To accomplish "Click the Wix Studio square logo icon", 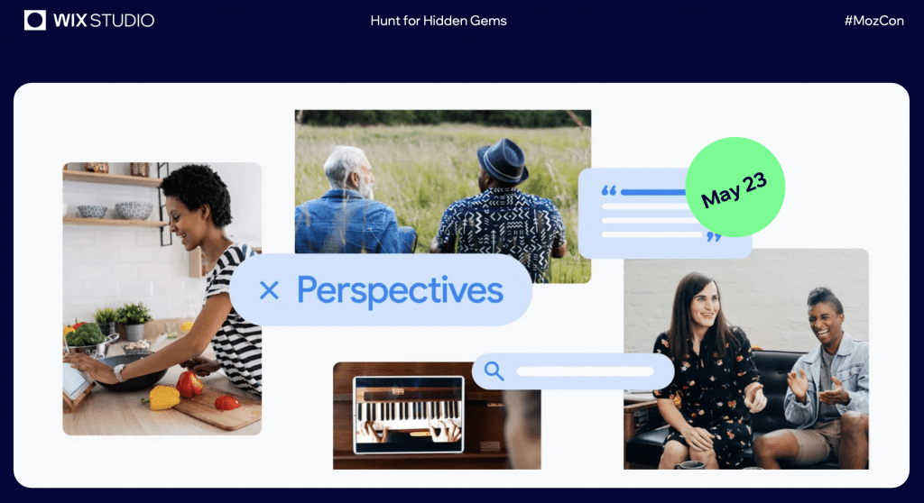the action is [x=35, y=20].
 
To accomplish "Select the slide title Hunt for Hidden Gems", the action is [x=439, y=21].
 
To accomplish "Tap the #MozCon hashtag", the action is [x=873, y=21].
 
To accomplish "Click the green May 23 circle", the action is [x=735, y=187].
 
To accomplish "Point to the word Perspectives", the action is [x=400, y=289].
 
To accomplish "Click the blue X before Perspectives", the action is [x=269, y=289].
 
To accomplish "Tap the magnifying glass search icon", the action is [x=494, y=371].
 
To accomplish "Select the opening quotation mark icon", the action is [x=609, y=190].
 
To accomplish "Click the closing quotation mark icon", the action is [x=714, y=237].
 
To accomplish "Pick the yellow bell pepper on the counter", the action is [x=163, y=398].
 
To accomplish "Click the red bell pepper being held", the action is [x=189, y=384].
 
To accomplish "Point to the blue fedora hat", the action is [x=503, y=160].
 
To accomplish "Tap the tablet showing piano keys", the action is [x=409, y=415].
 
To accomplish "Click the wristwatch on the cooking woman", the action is [x=119, y=373].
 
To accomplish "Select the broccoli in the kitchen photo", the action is [x=85, y=334].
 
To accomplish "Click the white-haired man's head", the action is [x=349, y=171].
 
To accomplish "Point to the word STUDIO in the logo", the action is [x=122, y=21].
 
